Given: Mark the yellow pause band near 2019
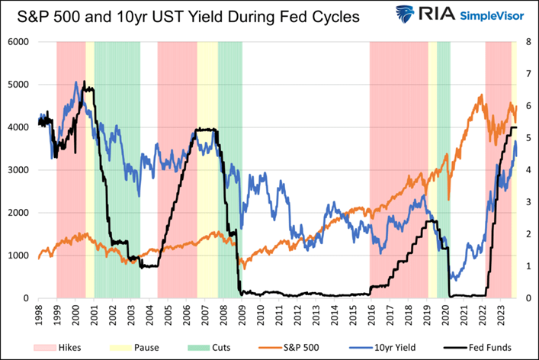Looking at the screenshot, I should [x=432, y=168].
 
